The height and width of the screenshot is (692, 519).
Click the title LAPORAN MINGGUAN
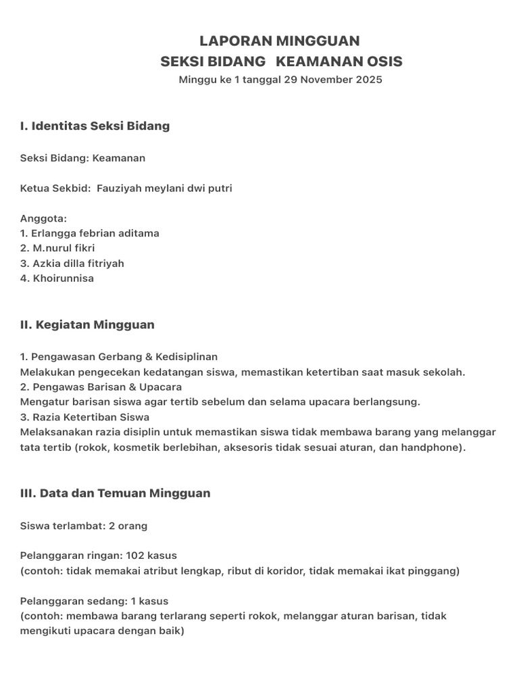(x=280, y=41)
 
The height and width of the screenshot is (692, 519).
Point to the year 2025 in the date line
(x=368, y=80)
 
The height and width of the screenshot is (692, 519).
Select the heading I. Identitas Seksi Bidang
(x=95, y=126)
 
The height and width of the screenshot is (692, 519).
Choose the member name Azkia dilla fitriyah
(x=78, y=264)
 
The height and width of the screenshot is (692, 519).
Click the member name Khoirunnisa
(x=63, y=278)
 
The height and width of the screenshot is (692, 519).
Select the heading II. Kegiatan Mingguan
(x=87, y=325)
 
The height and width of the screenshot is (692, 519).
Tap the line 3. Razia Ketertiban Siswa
(x=84, y=417)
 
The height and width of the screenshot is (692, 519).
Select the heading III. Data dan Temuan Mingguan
(x=115, y=493)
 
